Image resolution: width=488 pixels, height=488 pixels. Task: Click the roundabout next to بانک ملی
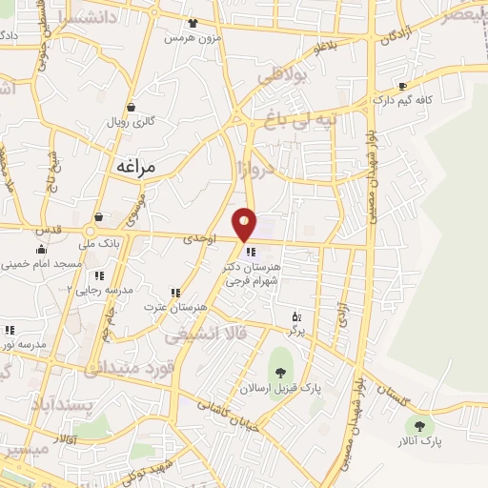pos(92,231)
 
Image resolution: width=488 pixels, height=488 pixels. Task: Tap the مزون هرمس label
pos(185,38)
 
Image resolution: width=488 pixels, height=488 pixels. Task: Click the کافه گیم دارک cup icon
pos(401,85)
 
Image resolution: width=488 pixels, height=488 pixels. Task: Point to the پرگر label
pos(297,329)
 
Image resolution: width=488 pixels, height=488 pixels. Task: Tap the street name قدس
pos(46,230)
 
